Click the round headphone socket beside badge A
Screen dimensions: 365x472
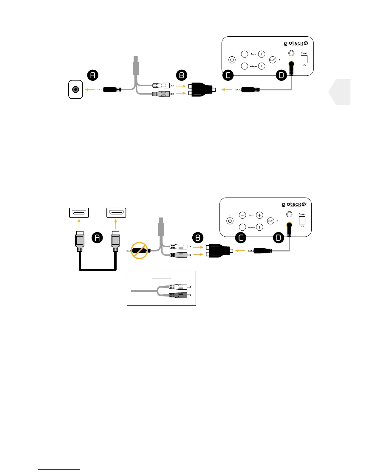pos(76,89)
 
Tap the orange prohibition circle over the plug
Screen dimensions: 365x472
pos(140,251)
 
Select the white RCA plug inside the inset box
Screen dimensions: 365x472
pos(178,287)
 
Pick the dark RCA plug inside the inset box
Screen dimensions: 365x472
pos(178,295)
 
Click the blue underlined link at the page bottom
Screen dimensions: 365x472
pos(59,469)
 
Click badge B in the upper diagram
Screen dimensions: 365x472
pos(182,75)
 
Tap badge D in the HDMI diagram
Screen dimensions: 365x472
pos(279,238)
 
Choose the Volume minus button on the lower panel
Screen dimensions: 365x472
pos(242,227)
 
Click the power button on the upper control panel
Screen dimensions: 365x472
pos(232,60)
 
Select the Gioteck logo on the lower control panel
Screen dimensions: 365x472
pos(294,205)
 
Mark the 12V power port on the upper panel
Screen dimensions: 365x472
pos(304,59)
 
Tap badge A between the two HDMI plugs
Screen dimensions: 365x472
pos(97,237)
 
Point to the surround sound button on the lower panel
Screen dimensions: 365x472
pos(270,221)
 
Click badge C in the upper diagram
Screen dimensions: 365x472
pos(228,75)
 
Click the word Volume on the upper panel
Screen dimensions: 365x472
pos(253,66)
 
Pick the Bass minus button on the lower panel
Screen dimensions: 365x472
pos(242,215)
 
